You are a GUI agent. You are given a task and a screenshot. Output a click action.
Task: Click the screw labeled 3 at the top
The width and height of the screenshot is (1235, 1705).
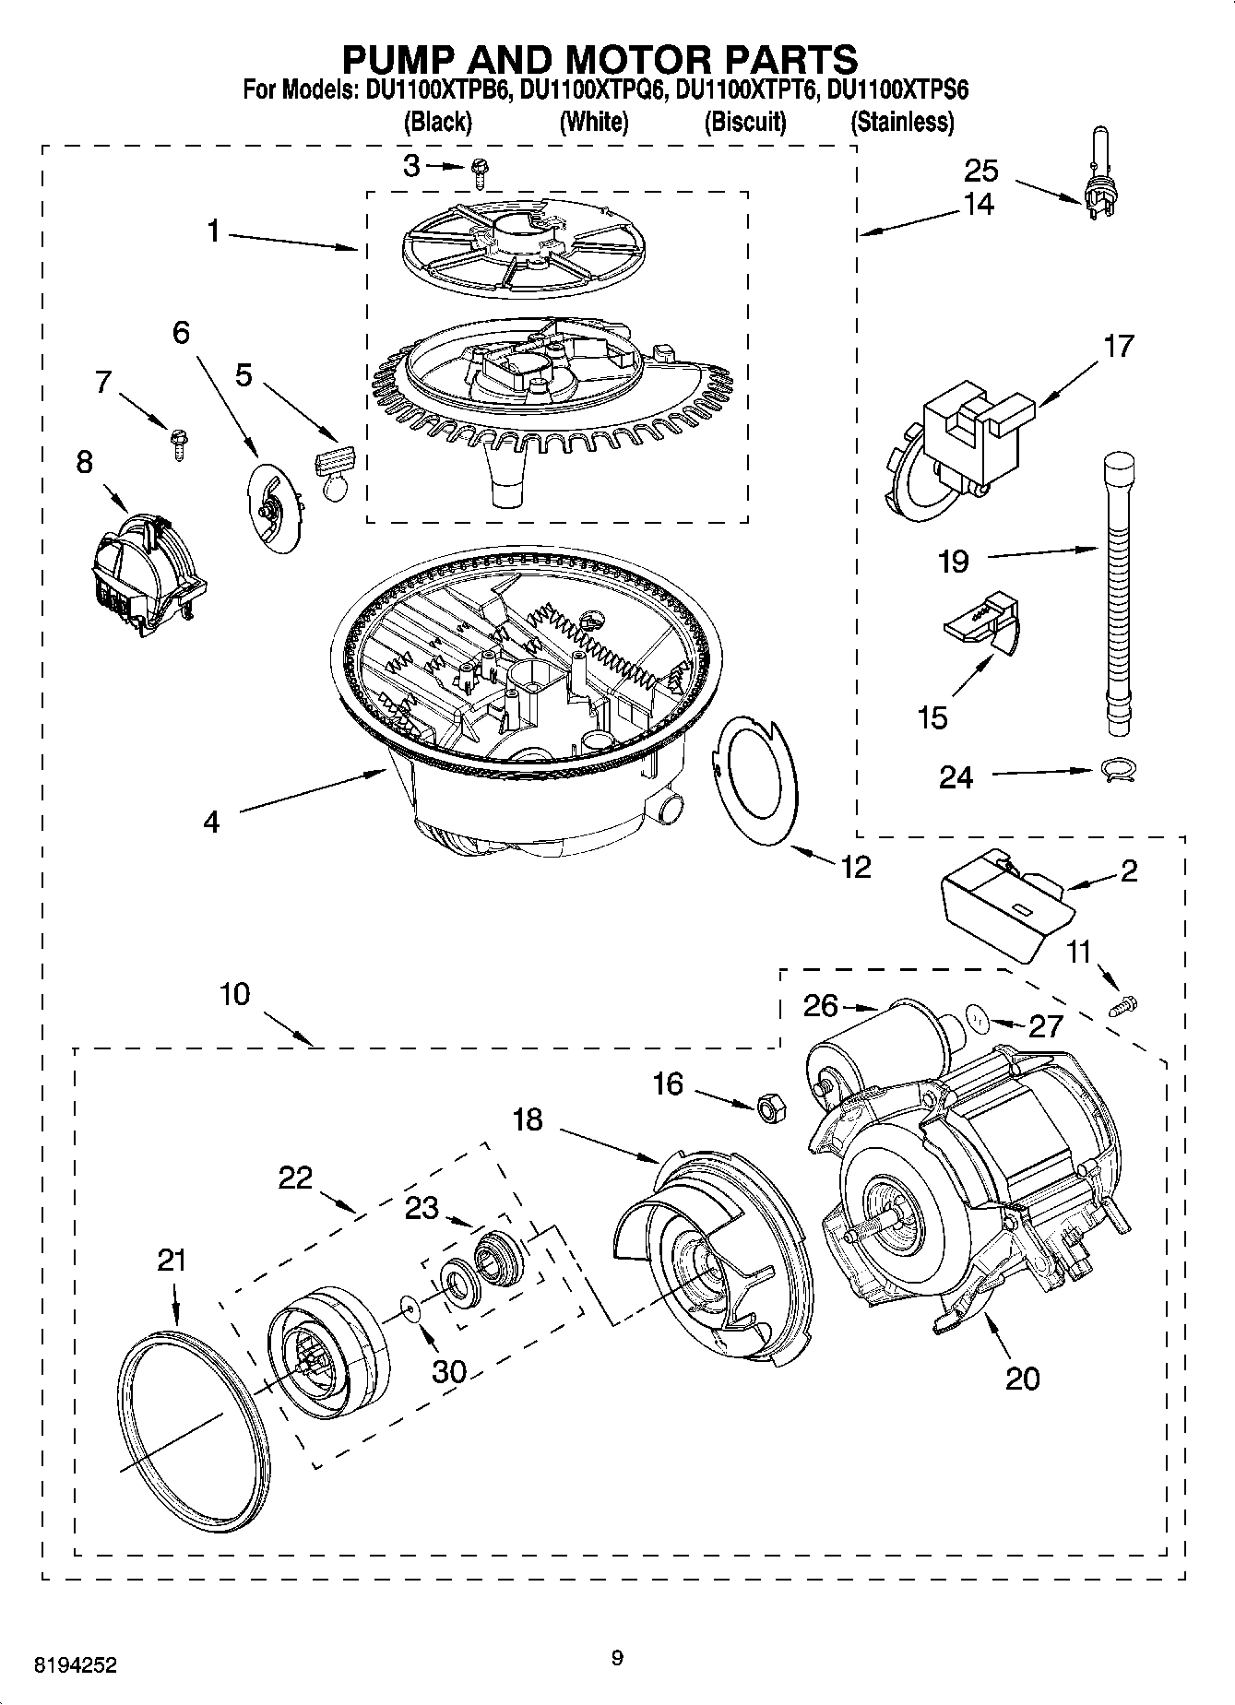[480, 168]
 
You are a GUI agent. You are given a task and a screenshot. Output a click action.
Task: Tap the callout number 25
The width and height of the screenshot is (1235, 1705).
[981, 171]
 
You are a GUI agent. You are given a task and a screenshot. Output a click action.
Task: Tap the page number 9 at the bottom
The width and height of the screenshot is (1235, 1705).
[617, 1659]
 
